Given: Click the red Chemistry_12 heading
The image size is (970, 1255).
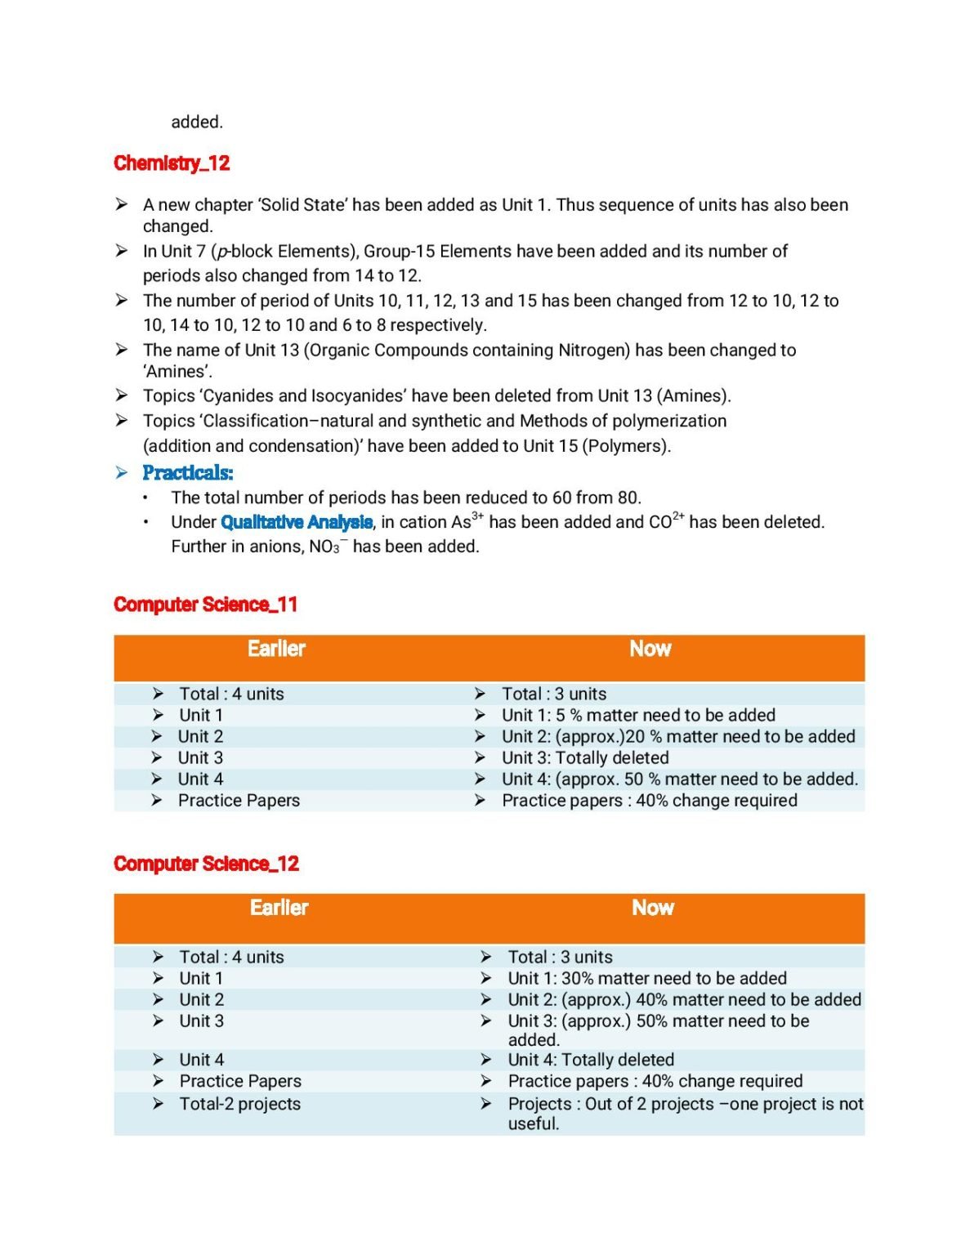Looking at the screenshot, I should (x=172, y=163).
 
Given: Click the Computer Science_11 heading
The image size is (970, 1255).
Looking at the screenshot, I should (x=205, y=605).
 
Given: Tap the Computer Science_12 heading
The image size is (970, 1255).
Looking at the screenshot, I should (x=206, y=864).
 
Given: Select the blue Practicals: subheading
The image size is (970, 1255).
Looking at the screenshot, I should (x=187, y=473).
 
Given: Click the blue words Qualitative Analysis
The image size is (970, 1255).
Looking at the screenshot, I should (x=297, y=522).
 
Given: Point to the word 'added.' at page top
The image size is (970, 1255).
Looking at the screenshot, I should (x=196, y=123).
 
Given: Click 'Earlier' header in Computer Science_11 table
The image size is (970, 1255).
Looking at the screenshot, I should (x=276, y=649).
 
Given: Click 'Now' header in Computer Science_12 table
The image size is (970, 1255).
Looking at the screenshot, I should (x=652, y=908).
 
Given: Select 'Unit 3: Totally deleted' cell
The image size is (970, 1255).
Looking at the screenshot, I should (x=584, y=758).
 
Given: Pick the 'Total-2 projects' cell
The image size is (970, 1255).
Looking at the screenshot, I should (x=239, y=1104).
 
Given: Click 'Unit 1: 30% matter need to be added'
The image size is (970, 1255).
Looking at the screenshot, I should (x=646, y=978).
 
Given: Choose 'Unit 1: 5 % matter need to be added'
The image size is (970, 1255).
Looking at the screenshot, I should (x=637, y=715).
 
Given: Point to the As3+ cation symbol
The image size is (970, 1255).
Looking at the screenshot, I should (x=462, y=522).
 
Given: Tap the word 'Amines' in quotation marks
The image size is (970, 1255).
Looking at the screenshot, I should (x=177, y=372).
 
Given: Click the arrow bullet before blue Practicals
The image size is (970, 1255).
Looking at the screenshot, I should (x=122, y=473).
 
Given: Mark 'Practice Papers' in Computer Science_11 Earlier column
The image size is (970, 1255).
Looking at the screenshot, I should (x=239, y=801).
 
